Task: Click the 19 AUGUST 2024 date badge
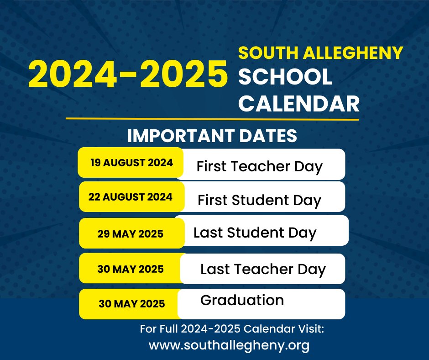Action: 131,163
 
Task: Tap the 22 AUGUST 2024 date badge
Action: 131,197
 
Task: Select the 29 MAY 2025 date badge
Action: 131,233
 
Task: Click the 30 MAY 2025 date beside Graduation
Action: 131,303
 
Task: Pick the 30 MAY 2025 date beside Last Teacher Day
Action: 131,269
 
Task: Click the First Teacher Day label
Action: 259,167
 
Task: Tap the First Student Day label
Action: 259,200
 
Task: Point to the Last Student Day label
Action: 255,233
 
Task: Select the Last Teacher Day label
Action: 263,270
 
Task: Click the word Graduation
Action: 242,300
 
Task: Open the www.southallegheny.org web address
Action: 229,345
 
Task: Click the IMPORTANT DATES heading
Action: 212,136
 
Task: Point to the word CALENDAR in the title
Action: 299,104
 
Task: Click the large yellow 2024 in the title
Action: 73,74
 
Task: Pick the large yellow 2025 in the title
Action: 183,74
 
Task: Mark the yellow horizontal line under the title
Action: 212,119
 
